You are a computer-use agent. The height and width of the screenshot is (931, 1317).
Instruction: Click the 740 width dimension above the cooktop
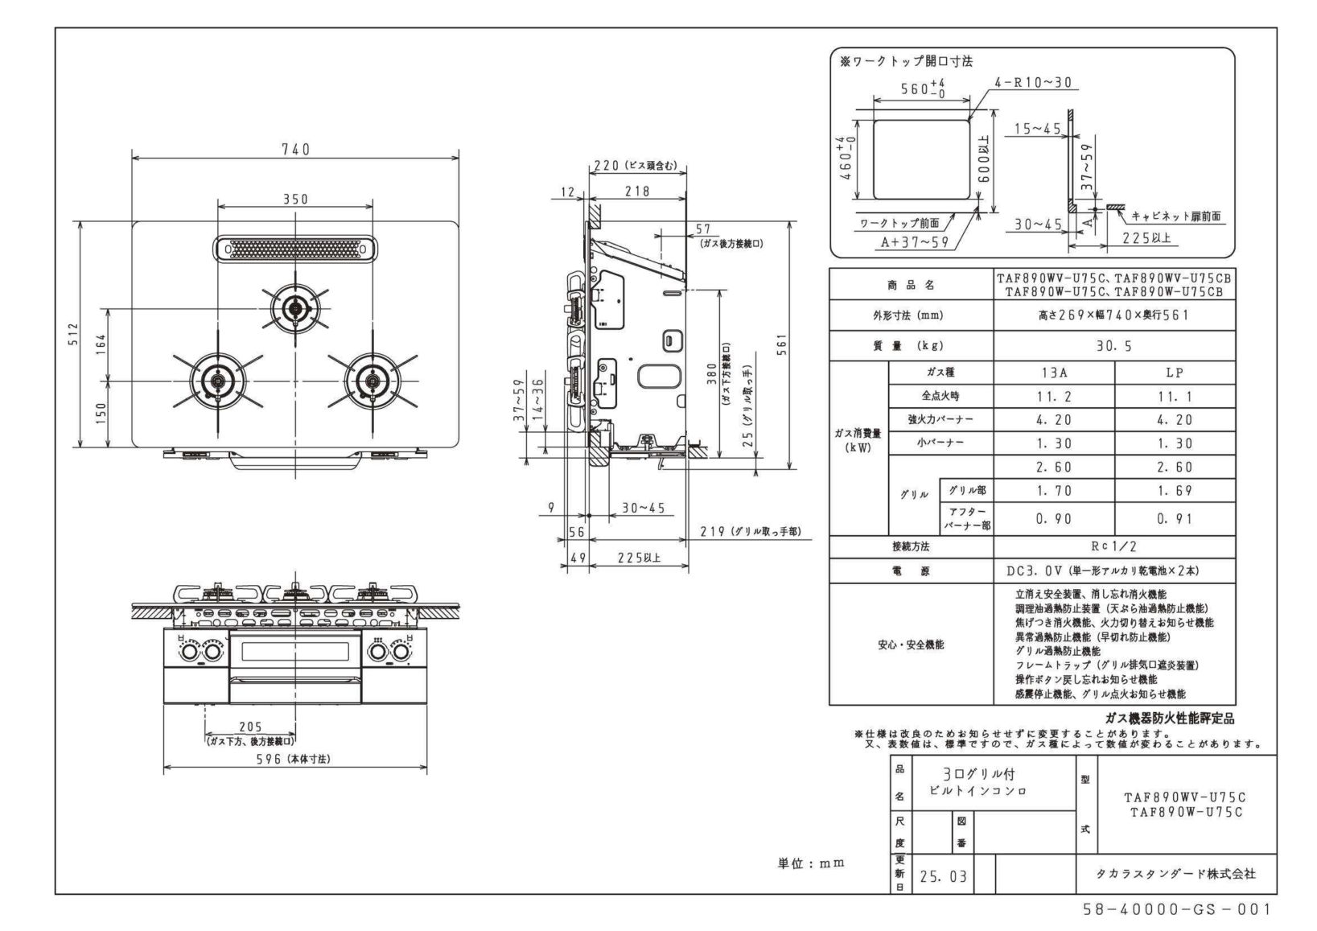295,150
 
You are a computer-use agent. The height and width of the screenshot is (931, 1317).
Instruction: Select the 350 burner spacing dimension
295,200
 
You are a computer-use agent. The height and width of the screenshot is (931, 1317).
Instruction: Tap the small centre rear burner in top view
295,307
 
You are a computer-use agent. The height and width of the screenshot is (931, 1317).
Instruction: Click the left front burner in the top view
217,381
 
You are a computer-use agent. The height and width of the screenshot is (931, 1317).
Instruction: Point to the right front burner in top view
372,381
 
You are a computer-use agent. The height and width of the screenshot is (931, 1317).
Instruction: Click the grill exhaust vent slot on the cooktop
294,249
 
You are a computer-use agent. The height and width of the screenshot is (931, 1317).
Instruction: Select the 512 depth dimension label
73,334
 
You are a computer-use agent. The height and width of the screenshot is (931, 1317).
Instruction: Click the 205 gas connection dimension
250,727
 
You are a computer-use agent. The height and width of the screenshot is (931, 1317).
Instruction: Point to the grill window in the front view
294,652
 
